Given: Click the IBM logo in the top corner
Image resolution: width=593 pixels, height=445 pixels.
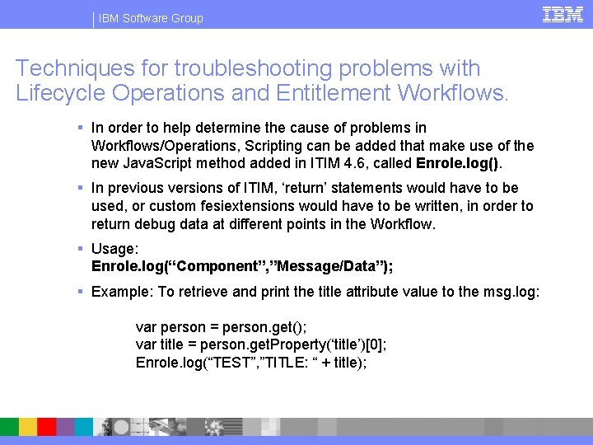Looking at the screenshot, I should pos(563,14).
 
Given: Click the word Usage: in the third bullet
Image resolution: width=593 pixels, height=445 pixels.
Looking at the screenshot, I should pos(114,249).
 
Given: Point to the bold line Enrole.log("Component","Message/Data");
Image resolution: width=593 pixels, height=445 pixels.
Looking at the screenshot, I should pos(242,266).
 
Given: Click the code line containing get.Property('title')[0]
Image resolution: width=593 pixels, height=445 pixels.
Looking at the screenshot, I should pos(260,345).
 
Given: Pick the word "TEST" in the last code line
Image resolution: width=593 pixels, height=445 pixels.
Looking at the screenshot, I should pos(231,363).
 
